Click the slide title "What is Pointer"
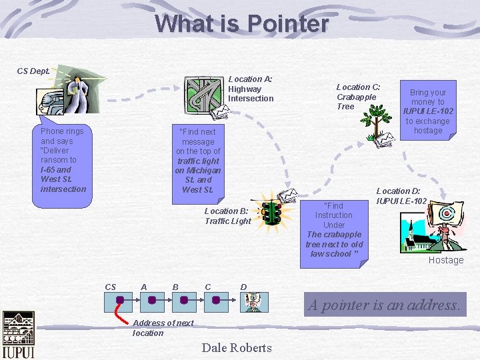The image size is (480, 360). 241,24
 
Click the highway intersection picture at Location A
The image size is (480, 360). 199,93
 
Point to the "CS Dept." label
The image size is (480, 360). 33,71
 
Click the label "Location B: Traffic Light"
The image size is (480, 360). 228,216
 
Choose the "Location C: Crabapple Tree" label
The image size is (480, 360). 358,97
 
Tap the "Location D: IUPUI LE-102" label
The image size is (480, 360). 401,196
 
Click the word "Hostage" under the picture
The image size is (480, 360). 446,260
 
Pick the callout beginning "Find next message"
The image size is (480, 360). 198,160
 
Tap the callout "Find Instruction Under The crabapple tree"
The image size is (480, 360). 334,229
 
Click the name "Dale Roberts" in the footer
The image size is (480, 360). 237,347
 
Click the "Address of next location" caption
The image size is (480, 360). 162,328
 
